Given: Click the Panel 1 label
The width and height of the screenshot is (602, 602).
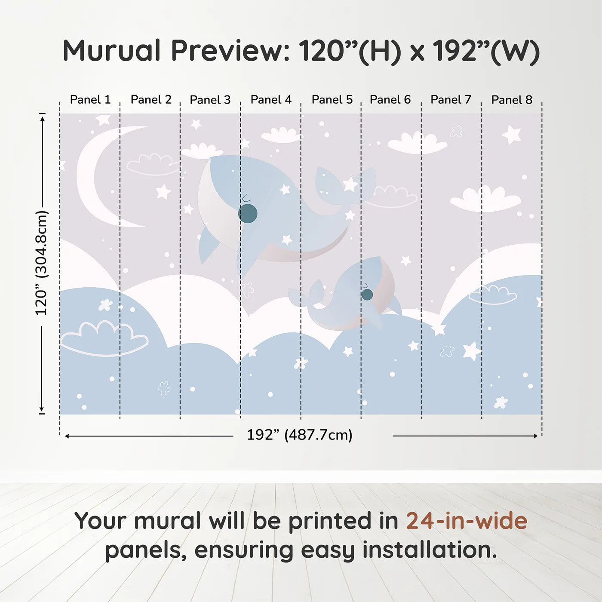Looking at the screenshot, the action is (90, 100).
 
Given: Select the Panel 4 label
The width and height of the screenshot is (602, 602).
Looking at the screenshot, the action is (271, 100).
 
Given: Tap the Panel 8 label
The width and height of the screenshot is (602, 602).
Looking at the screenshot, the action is (512, 100).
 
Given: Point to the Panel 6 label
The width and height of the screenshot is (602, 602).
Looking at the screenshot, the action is (390, 100).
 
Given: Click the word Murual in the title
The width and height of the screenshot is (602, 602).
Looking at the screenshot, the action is (111, 51).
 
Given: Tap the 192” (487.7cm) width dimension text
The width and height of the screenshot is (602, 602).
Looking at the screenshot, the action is (300, 435).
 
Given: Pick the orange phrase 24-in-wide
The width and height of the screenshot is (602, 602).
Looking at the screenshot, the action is (467, 521).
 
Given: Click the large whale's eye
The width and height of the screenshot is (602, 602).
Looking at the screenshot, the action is (248, 213).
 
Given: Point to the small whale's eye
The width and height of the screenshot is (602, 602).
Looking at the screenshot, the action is (367, 294).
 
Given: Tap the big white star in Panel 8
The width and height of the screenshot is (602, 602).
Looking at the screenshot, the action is (511, 135).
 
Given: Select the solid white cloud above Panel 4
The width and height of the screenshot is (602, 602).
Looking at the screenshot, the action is (281, 135).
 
